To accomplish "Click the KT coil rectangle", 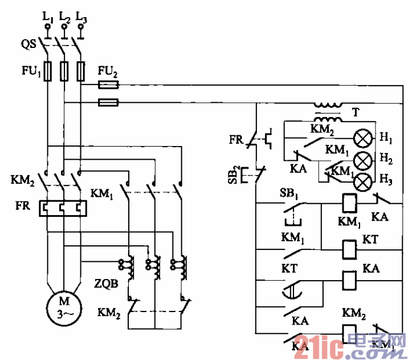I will pyautogui.click(x=348, y=249).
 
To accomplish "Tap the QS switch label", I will pyautogui.click(x=30, y=44).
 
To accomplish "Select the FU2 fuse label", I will pyautogui.click(x=108, y=72).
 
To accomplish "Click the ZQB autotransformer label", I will pyautogui.click(x=107, y=282).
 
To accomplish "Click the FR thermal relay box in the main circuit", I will pyautogui.click(x=63, y=209).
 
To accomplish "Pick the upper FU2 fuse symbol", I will pyautogui.click(x=108, y=85).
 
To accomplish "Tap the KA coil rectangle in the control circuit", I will pyautogui.click(x=348, y=279).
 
